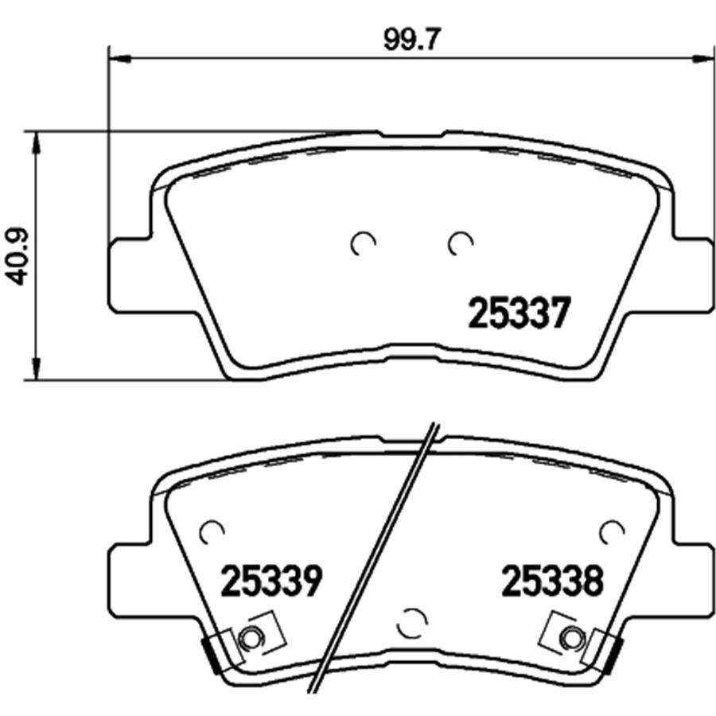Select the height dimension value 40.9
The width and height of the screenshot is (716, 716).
coord(18,257)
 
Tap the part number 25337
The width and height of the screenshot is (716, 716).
coord(519,313)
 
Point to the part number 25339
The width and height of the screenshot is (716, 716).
coord(270,582)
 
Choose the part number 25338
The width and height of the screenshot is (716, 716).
coord(552,582)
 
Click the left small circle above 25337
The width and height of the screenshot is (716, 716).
coord(363,244)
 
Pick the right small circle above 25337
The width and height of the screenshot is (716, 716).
coord(460,244)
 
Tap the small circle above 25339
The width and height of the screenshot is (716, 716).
coord(212,531)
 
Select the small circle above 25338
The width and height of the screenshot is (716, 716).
coord(612,531)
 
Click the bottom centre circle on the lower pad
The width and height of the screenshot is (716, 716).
coord(412,622)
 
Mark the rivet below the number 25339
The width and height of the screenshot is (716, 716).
coord(251,636)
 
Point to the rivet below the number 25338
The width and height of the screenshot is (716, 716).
coord(570,636)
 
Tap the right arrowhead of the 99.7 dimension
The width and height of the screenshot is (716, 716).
coord(703,57)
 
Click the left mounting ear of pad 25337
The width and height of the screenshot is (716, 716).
coord(127,274)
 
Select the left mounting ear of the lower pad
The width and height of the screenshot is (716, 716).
coord(127,577)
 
